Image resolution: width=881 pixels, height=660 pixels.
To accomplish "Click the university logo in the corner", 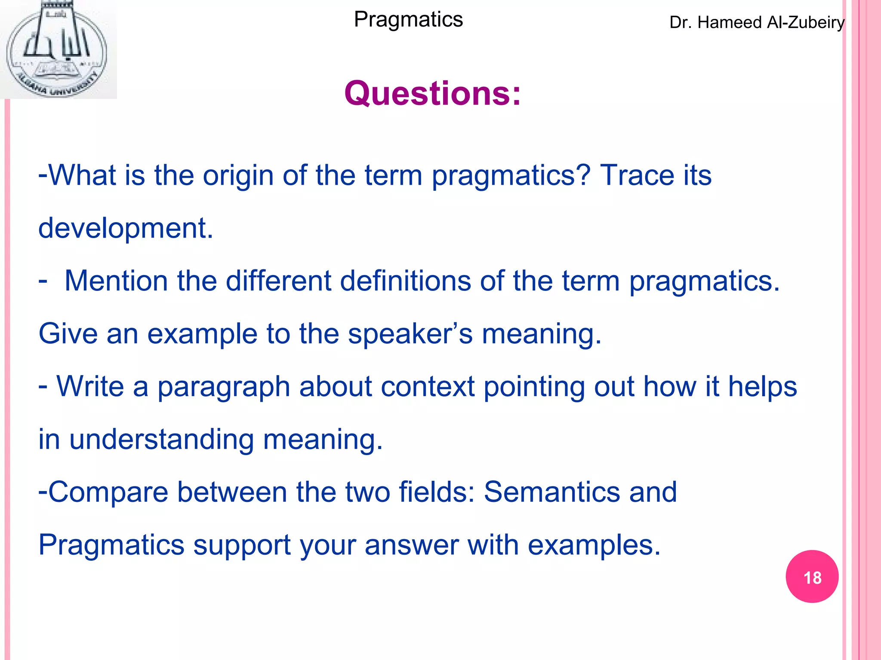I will tap(58, 49).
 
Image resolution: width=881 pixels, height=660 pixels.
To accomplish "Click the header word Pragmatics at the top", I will tap(408, 19).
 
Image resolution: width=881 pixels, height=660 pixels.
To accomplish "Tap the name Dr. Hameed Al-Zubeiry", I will tap(757, 22).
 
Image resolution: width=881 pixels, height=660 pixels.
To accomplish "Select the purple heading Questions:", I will tap(432, 93).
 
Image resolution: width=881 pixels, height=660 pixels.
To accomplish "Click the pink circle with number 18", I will tap(812, 577).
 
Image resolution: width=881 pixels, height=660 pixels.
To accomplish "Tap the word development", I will tap(125, 228).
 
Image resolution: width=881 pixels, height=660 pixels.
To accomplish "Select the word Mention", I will tap(116, 281).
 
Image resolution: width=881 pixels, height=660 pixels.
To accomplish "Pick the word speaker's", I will tap(410, 333).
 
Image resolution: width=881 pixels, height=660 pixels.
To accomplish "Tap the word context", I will tap(427, 386).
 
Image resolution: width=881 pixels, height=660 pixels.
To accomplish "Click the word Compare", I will tap(108, 492).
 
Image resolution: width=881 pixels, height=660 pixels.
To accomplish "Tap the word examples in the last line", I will tap(594, 545).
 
